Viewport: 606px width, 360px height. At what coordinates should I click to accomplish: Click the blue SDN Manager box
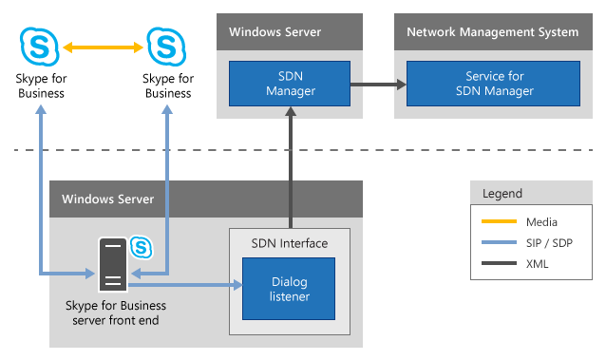[x=289, y=84]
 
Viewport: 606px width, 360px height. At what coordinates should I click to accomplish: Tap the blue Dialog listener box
[x=289, y=290]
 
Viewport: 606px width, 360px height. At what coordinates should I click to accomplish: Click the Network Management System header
[x=492, y=32]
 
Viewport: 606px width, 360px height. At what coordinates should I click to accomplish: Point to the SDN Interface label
[x=289, y=243]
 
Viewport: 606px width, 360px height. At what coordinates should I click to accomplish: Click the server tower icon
[x=113, y=264]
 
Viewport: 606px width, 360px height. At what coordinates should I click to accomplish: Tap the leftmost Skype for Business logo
[x=40, y=45]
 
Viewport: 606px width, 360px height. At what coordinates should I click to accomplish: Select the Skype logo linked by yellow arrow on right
[x=165, y=45]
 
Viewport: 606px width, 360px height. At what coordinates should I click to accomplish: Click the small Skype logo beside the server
[x=142, y=247]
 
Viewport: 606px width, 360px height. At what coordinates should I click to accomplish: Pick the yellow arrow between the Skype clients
[x=103, y=45]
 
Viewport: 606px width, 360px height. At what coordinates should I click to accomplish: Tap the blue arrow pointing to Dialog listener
[x=185, y=283]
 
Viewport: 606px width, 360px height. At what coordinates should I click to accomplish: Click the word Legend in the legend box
[x=502, y=193]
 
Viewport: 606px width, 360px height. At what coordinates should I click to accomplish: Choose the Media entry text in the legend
[x=542, y=222]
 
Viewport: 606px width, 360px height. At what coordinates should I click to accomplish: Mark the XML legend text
[x=539, y=264]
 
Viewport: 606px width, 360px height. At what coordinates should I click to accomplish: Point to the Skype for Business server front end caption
[x=115, y=313]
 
